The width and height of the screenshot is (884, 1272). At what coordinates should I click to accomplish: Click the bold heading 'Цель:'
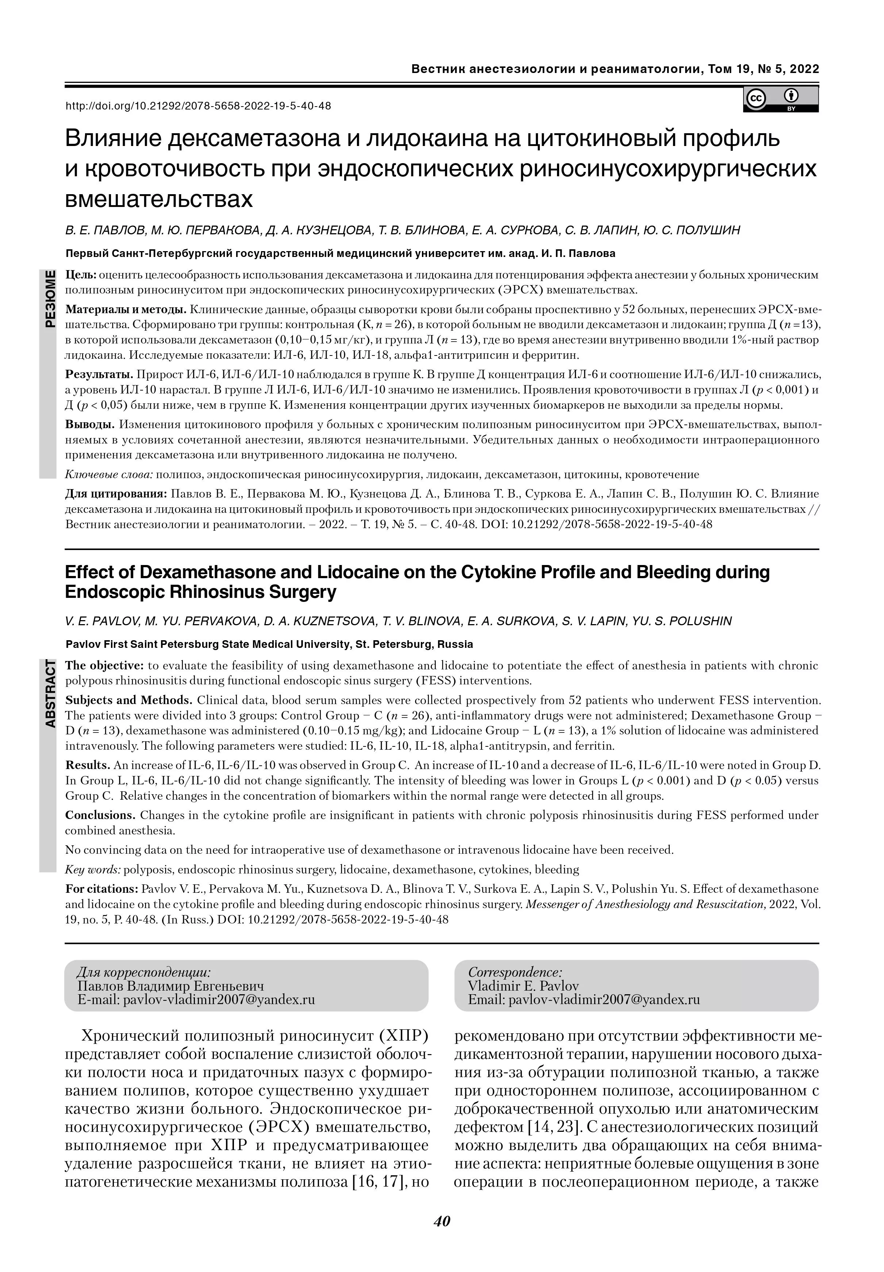click(x=81, y=275)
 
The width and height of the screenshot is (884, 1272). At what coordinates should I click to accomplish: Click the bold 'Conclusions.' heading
click(x=100, y=815)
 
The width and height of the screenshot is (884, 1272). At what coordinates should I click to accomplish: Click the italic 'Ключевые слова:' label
click(x=109, y=474)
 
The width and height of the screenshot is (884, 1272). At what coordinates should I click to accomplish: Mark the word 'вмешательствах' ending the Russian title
click(x=159, y=199)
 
